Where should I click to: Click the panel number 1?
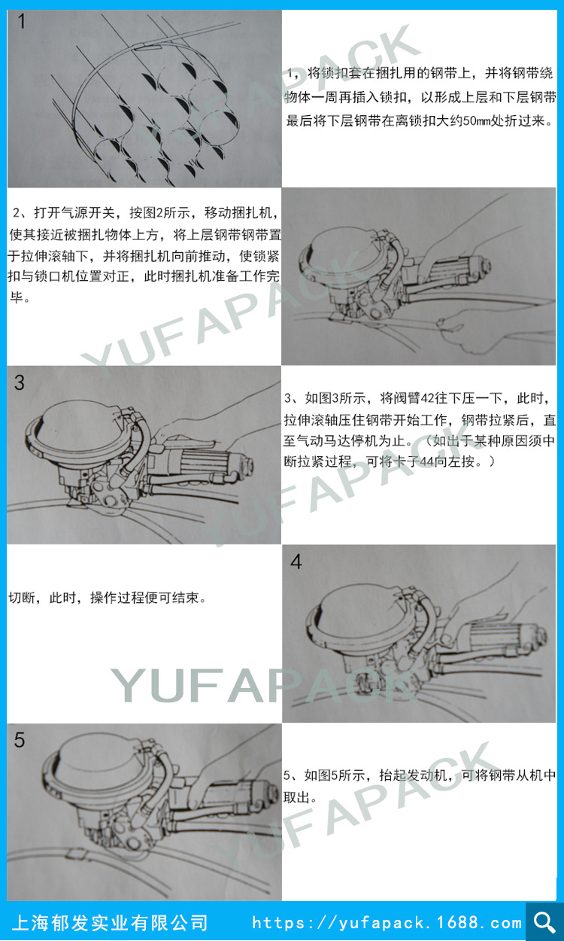(x=21, y=21)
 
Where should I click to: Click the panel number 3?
(x=20, y=382)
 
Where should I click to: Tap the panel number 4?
(x=296, y=562)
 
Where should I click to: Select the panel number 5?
(x=20, y=740)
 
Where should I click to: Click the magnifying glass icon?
(x=544, y=921)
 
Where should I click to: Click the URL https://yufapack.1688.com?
(x=387, y=923)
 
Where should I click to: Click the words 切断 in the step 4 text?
(x=21, y=598)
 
